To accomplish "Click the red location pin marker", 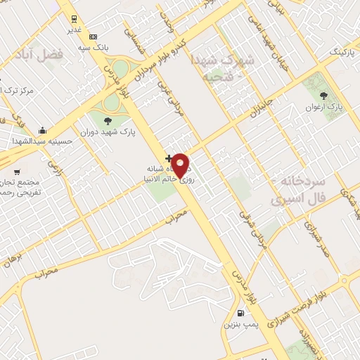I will coord(181,165).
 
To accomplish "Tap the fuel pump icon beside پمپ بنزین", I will coord(242,314).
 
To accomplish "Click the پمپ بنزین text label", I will coord(237,324).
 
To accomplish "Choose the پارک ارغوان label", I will coord(323,108).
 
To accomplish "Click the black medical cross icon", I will coord(167,157).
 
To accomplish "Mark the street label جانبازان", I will coord(260,100).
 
